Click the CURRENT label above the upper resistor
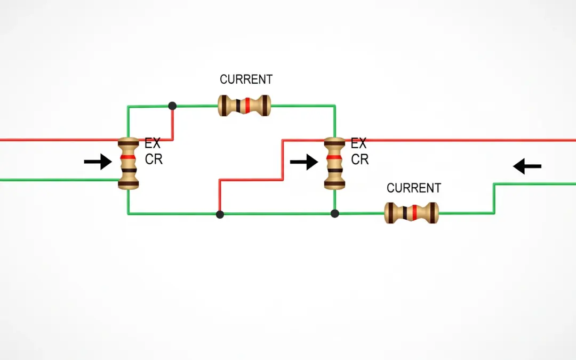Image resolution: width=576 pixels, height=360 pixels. click(246, 79)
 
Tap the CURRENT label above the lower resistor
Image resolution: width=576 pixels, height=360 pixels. click(414, 188)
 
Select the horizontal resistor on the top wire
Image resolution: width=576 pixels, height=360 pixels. click(244, 106)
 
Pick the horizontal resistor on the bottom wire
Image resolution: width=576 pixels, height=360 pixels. click(411, 213)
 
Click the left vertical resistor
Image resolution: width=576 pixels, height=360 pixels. click(128, 163)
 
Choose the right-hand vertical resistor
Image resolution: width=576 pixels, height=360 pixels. click(334, 163)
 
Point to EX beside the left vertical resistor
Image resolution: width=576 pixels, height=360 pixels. click(153, 144)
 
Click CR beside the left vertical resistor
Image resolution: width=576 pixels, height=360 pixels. click(154, 159)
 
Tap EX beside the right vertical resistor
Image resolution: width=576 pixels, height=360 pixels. click(359, 144)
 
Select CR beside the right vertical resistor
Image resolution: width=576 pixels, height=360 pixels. click(359, 159)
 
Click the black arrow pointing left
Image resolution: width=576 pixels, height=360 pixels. click(527, 166)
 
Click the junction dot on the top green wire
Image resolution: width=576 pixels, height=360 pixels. click(172, 106)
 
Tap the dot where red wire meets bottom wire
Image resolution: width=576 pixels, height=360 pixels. click(220, 214)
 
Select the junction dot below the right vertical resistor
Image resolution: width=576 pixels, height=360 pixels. click(334, 214)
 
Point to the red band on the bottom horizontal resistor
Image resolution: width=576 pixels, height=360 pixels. click(415, 213)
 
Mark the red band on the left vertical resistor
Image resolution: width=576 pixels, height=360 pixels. click(128, 158)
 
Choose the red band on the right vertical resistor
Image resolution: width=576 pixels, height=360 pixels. click(334, 158)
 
